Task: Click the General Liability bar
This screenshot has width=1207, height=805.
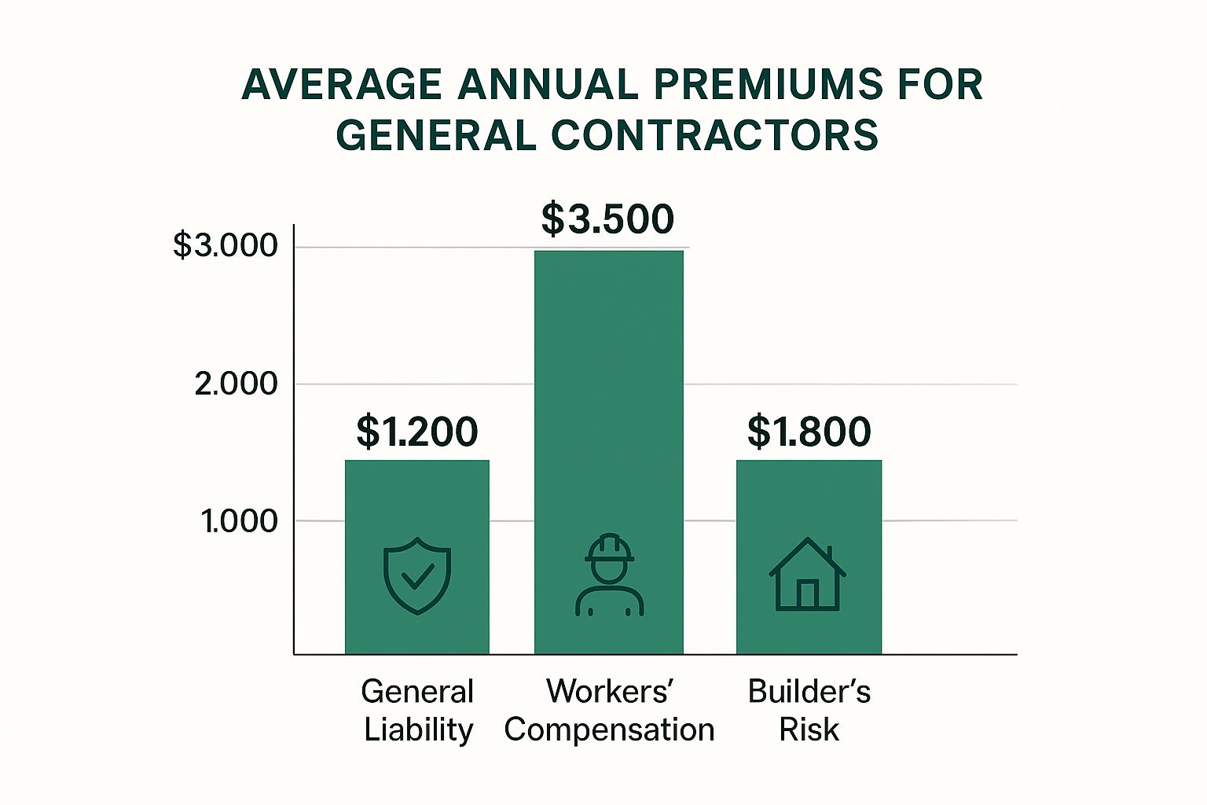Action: click(x=417, y=503)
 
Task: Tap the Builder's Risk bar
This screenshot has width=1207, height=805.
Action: click(x=809, y=503)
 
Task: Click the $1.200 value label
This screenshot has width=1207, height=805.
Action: click(x=417, y=432)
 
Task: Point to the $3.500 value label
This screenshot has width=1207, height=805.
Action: click(x=607, y=219)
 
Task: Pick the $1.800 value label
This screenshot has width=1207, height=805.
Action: click(x=809, y=432)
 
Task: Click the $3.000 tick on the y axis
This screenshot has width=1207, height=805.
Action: click(x=226, y=246)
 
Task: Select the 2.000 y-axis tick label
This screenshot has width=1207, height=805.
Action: click(x=236, y=384)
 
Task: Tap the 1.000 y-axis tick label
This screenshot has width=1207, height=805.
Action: click(x=239, y=521)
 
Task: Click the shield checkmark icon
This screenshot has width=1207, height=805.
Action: click(x=417, y=575)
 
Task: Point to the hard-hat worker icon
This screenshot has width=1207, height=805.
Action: click(x=609, y=575)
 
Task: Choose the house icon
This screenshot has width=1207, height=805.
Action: click(x=807, y=575)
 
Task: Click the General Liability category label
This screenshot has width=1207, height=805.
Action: click(x=418, y=711)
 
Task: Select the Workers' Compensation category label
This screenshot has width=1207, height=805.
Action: click(x=609, y=711)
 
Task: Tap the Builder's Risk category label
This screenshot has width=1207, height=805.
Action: click(x=809, y=711)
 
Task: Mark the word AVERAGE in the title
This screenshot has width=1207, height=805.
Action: click(x=342, y=85)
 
